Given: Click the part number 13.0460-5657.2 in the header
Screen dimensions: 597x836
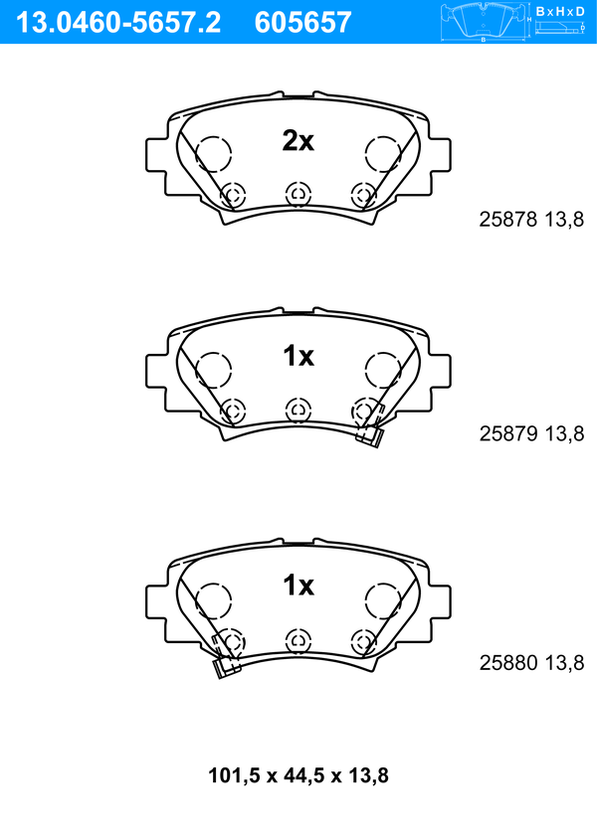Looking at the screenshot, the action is [118, 23].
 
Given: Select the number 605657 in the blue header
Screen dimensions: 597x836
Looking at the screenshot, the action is [303, 23].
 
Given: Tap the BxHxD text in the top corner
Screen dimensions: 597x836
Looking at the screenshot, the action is [560, 11].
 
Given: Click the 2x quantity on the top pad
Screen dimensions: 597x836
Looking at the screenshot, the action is [298, 141].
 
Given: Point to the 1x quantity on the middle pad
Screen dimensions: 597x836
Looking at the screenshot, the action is [298, 356].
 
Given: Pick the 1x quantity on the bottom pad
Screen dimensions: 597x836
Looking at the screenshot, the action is [298, 585].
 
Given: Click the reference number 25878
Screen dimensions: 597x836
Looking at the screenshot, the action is [508, 219].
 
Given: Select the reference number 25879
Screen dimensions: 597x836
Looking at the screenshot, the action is [508, 433].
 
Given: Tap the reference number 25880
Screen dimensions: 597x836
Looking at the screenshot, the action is [508, 663].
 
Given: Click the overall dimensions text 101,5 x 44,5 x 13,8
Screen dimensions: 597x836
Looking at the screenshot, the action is [298, 775].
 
